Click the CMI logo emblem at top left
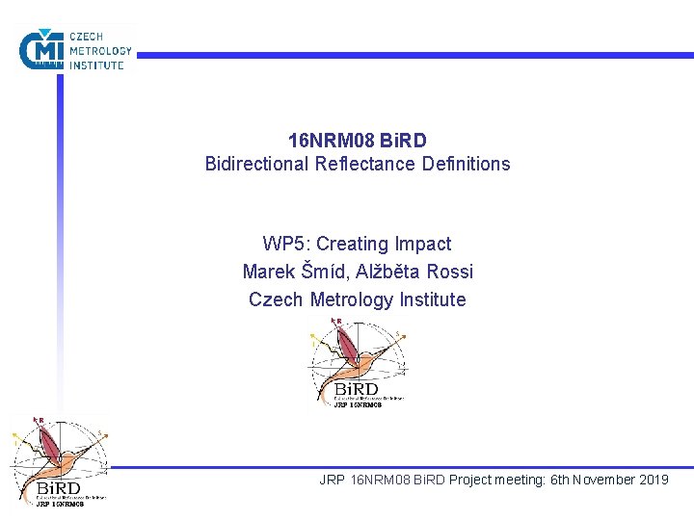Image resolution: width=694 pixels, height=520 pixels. [40, 49]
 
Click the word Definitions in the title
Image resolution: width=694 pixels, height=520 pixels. [466, 164]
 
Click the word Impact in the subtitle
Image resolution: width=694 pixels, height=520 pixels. [421, 245]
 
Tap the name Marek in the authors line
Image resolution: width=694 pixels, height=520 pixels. [268, 272]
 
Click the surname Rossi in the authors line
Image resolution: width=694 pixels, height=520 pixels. [449, 272]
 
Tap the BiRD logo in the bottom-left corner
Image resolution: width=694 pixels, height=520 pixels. [58, 460]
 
